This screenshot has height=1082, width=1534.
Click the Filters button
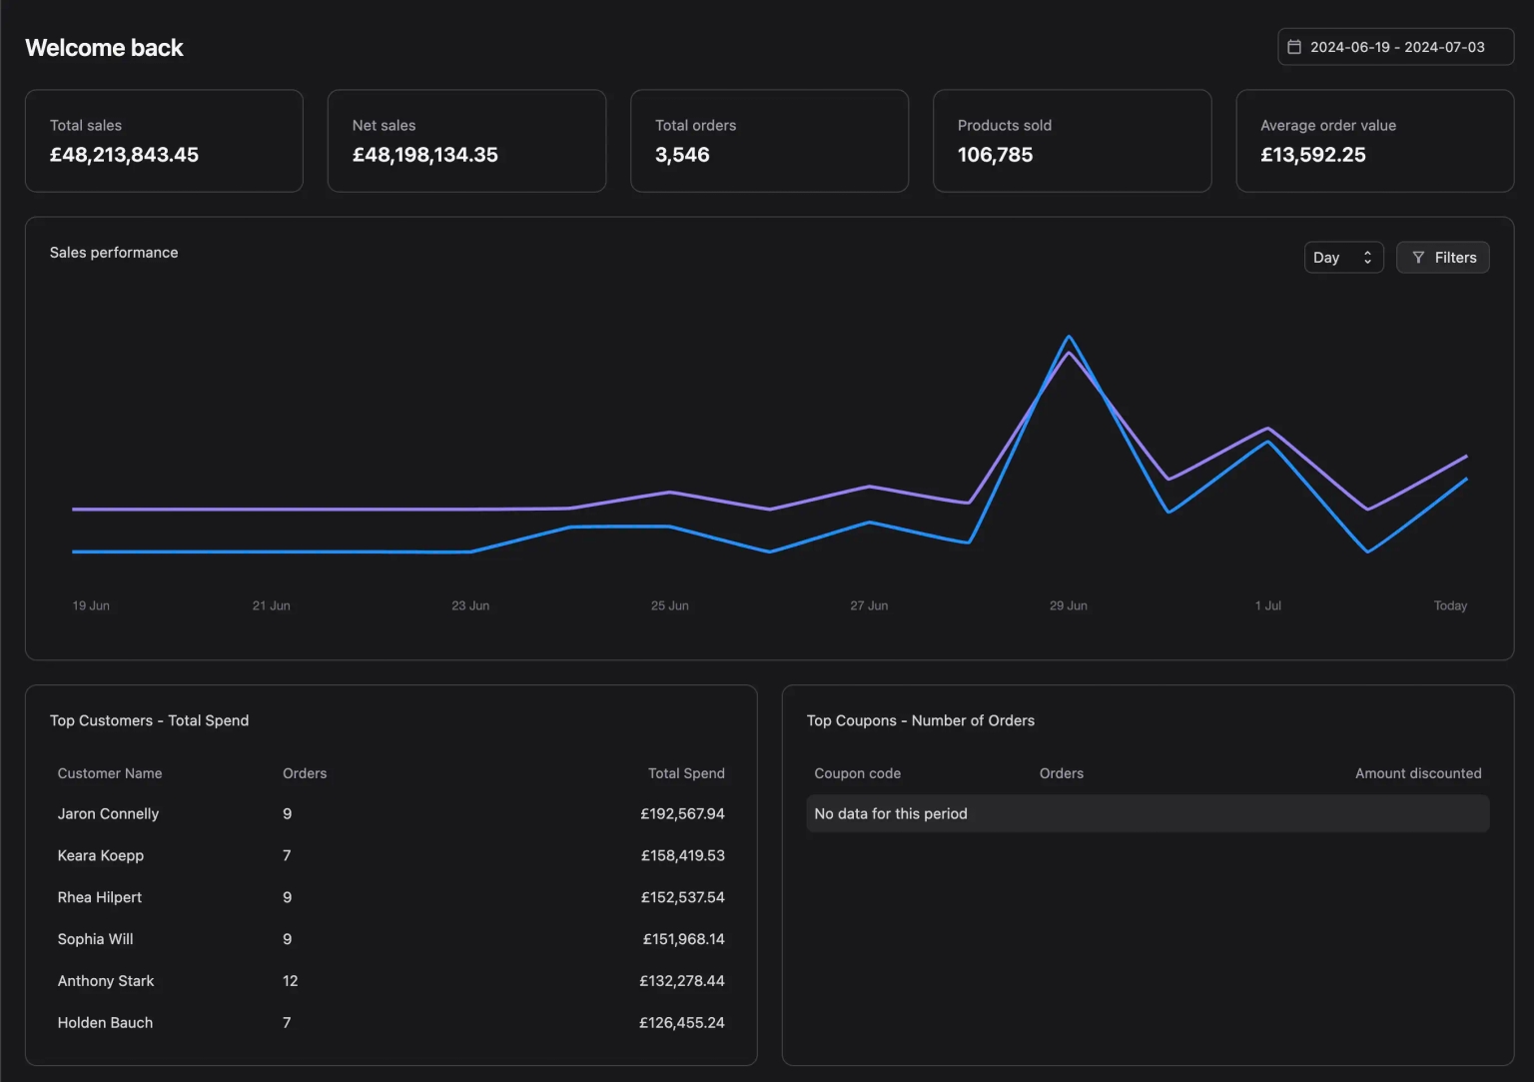pyautogui.click(x=1442, y=258)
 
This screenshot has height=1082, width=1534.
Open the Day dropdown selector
pyautogui.click(x=1343, y=258)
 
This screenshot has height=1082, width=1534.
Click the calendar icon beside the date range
pyautogui.click(x=1293, y=47)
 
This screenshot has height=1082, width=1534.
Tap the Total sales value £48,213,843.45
pyautogui.click(x=124, y=155)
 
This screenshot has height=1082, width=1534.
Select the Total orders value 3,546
pyautogui.click(x=682, y=155)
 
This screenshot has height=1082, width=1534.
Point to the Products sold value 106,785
pyautogui.click(x=995, y=155)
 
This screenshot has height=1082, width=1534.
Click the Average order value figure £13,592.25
pyautogui.click(x=1313, y=155)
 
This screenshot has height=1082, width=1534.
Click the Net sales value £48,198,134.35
pyautogui.click(x=425, y=155)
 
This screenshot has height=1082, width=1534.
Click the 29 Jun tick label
pyautogui.click(x=1069, y=605)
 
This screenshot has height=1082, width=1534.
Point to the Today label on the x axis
pyautogui.click(x=1450, y=605)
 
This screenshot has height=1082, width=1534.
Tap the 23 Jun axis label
pyautogui.click(x=470, y=605)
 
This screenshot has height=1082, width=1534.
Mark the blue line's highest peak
pyautogui.click(x=1069, y=336)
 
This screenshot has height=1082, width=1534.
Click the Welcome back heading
pyautogui.click(x=104, y=48)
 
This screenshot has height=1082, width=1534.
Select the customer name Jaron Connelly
pyautogui.click(x=108, y=813)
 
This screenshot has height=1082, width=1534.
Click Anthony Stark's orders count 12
pyautogui.click(x=291, y=980)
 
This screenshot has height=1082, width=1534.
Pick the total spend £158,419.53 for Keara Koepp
pyautogui.click(x=683, y=855)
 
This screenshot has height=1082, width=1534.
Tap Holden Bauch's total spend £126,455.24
pyautogui.click(x=682, y=1022)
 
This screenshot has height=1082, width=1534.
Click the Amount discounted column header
pyautogui.click(x=1418, y=773)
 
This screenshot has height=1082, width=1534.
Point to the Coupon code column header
pyautogui.click(x=858, y=773)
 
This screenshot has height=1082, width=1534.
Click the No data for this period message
pyautogui.click(x=891, y=813)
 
